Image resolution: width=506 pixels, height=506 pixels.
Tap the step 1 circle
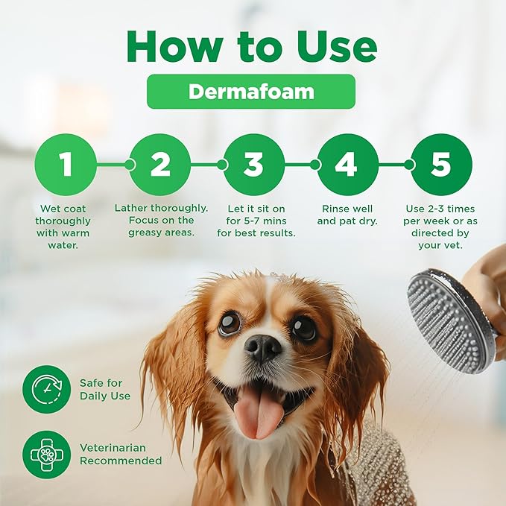click(66, 164)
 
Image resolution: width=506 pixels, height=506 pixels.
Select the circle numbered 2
click(160, 164)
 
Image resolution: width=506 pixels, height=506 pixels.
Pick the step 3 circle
click(253, 164)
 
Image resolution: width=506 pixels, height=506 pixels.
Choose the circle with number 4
click(347, 164)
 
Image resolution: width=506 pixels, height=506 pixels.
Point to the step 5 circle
click(440, 164)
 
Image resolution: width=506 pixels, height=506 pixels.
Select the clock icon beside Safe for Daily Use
click(46, 389)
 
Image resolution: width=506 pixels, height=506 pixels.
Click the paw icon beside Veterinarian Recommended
click(46, 454)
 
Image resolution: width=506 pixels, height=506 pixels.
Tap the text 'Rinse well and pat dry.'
click(346, 215)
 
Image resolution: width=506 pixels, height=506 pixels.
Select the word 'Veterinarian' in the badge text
click(113, 448)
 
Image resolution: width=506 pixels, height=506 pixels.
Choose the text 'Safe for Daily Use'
click(105, 389)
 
